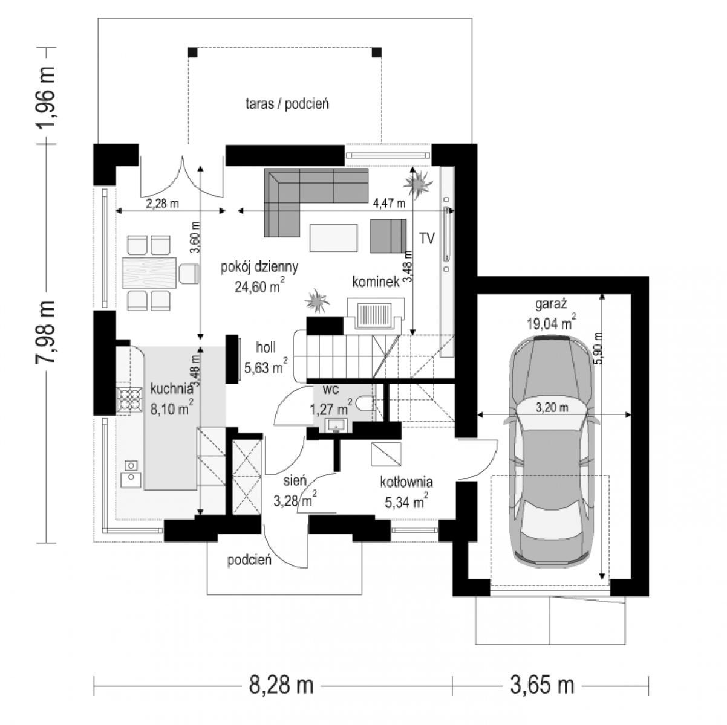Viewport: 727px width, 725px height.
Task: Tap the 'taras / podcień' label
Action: click(287, 104)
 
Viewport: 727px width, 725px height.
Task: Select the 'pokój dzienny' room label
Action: click(259, 266)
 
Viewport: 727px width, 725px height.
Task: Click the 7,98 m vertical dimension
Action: click(45, 332)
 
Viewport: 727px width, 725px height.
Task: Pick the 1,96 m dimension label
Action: click(45, 97)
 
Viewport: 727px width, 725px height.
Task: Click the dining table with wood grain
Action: click(149, 273)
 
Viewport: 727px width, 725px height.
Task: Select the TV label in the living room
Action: click(426, 239)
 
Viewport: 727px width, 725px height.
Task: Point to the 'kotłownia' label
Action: click(406, 482)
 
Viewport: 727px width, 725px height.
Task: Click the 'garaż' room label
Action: click(551, 303)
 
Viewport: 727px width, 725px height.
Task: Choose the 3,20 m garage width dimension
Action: click(551, 408)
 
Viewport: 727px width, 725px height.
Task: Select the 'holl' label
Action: click(266, 347)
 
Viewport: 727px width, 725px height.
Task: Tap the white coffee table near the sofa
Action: click(333, 237)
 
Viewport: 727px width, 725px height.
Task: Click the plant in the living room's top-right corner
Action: click(418, 184)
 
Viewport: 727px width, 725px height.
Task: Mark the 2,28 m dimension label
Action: click(162, 204)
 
